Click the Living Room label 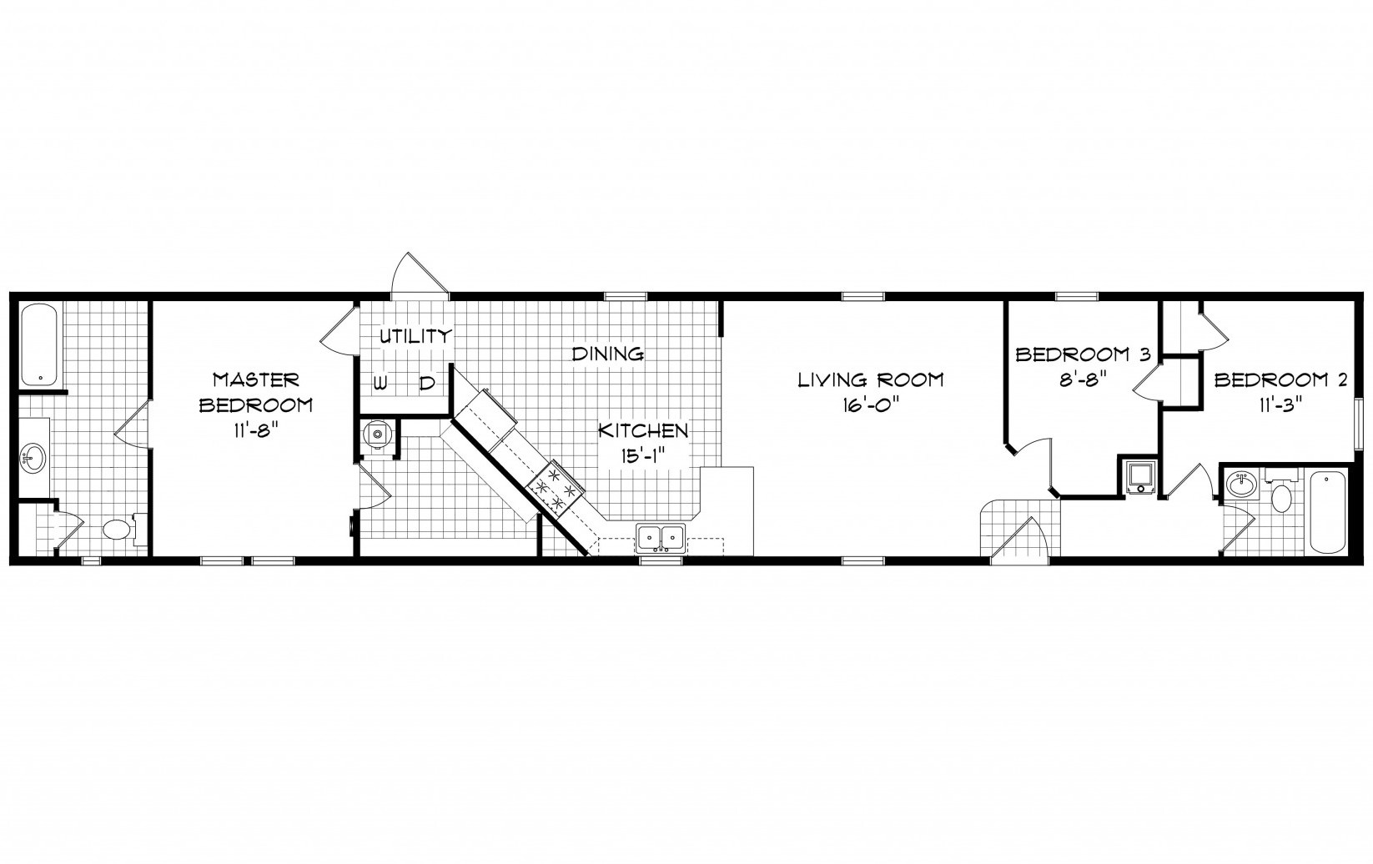click(x=870, y=380)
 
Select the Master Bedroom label click(x=255, y=392)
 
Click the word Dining click(x=608, y=354)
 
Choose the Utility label click(x=415, y=336)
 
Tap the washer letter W click(x=380, y=384)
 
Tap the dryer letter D click(x=427, y=384)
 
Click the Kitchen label click(x=644, y=431)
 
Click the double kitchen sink click(x=660, y=539)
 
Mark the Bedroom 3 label click(x=1083, y=354)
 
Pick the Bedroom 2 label click(x=1281, y=380)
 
